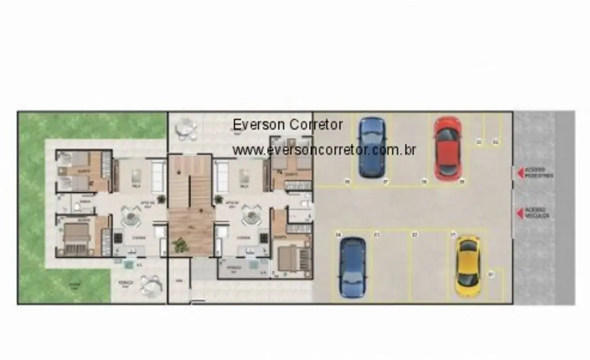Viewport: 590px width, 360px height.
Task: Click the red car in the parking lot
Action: pos(447,148)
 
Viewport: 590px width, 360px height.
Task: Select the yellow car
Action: pos(468,266)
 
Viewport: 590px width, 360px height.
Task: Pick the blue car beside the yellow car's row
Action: pos(353,268)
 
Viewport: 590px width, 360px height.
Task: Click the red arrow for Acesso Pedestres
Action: pos(520,173)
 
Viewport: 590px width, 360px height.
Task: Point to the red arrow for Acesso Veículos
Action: pos(520,213)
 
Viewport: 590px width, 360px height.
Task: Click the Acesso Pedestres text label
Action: pos(539,173)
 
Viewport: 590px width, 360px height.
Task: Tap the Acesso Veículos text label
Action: pos(537,213)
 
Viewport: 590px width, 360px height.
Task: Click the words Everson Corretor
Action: pos(287,125)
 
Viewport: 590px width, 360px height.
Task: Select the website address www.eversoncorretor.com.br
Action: pos(324,150)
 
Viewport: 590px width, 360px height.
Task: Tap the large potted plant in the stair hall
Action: pos(179,244)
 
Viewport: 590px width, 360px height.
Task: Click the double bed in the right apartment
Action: pos(292,256)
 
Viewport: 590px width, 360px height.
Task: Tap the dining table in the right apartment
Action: pos(251,215)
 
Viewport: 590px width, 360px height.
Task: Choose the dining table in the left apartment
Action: pos(131,216)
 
